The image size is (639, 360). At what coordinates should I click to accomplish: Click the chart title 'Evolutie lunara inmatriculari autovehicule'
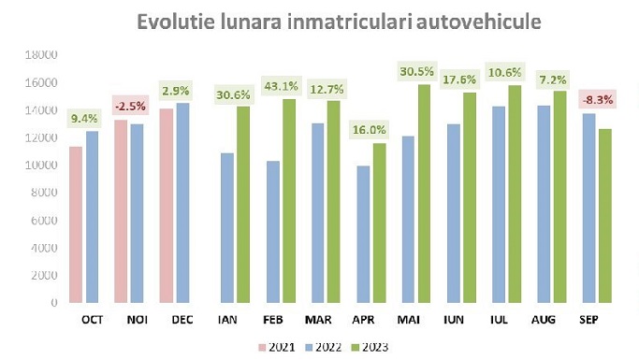[x=339, y=21]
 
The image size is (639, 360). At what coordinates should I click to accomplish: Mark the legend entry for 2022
[x=323, y=347]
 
